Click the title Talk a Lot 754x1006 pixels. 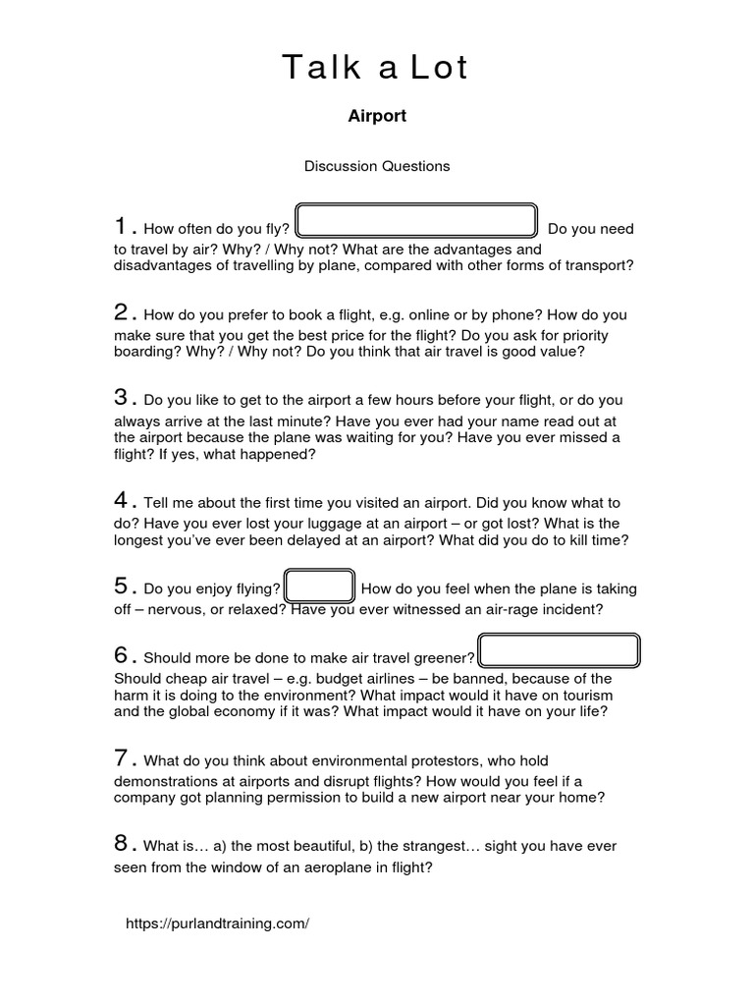[376, 68]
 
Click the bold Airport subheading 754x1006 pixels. [377, 116]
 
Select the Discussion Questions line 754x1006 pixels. [377, 166]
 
